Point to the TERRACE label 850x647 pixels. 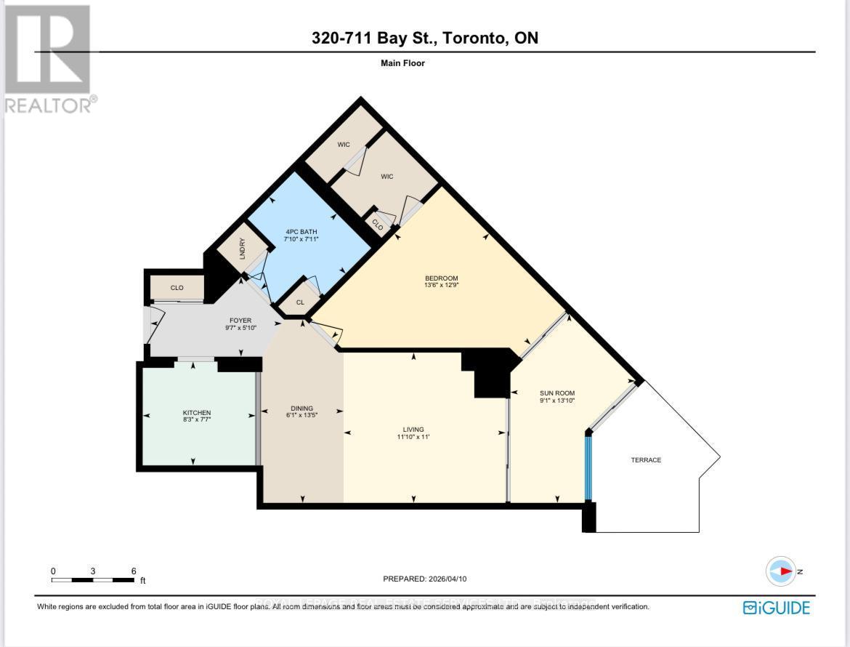click(x=646, y=460)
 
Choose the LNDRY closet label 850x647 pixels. click(x=243, y=250)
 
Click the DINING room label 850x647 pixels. click(x=301, y=408)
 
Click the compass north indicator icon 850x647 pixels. click(x=781, y=571)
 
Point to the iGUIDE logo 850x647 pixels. click(x=776, y=607)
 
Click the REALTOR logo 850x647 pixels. click(x=49, y=58)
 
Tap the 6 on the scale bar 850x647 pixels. click(x=134, y=571)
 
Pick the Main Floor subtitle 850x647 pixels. click(x=402, y=63)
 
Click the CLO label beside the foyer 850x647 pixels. click(x=177, y=288)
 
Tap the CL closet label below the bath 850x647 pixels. click(x=299, y=302)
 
